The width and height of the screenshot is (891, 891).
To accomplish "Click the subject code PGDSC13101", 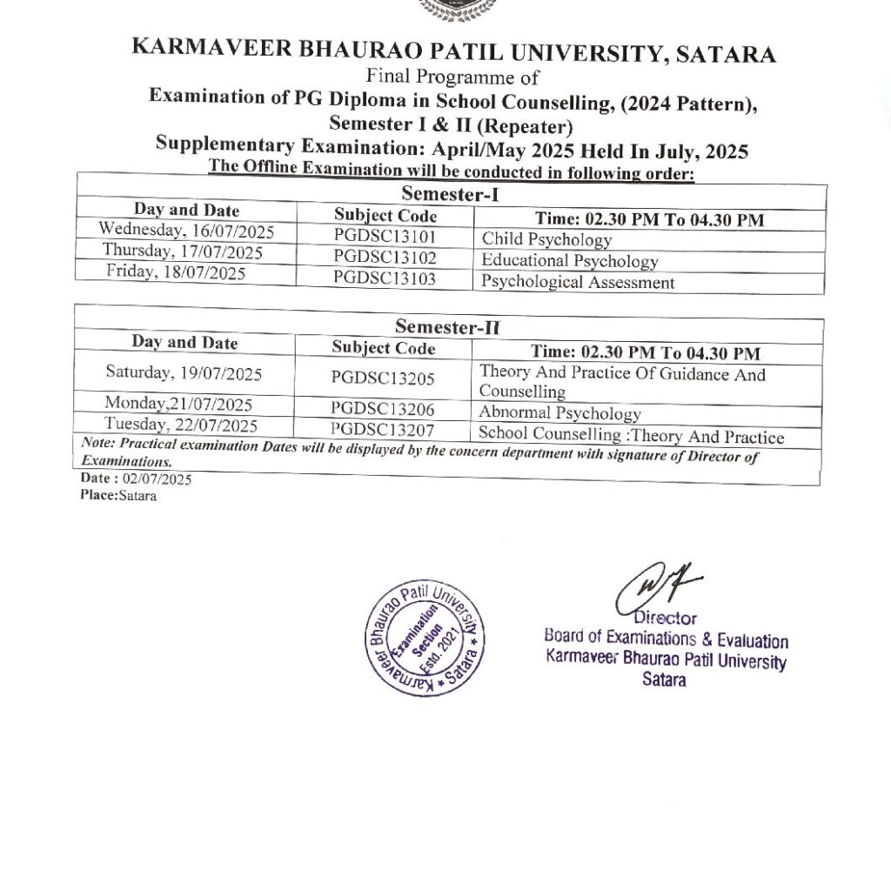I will (x=384, y=236).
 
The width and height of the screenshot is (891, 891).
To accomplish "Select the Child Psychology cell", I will (x=546, y=239).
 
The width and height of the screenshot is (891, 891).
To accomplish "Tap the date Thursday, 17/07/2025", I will (x=183, y=251).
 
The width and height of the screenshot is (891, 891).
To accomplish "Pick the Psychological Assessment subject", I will (x=578, y=282).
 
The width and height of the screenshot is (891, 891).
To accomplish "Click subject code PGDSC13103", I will (x=384, y=278).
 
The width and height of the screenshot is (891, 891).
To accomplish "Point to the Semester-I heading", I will (x=450, y=194).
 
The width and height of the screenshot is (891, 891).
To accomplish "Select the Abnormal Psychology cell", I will (x=559, y=413).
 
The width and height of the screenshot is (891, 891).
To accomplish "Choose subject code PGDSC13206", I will (x=383, y=409).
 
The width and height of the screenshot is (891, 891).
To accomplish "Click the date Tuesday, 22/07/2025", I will (x=181, y=425).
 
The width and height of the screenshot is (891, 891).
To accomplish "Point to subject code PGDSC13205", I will (x=383, y=377).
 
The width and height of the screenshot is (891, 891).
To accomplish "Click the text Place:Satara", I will (x=112, y=496).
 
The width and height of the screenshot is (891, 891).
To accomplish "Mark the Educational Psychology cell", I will (x=569, y=260).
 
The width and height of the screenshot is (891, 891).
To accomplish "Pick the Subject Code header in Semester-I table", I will (x=385, y=215).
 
